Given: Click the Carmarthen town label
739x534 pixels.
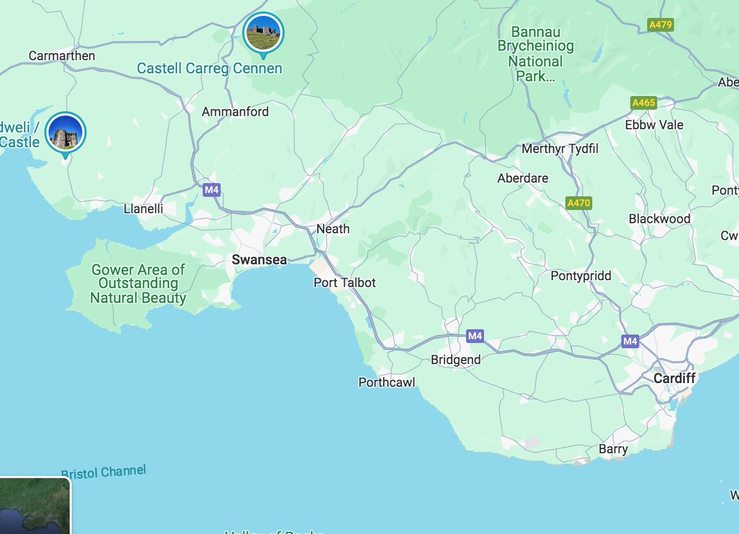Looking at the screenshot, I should point(62,56).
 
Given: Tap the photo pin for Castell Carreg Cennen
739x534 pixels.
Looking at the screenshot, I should point(264,33).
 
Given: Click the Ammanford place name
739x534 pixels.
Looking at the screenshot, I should point(235,112).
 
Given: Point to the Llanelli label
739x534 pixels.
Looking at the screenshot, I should point(143,209).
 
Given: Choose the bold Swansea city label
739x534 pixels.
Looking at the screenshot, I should point(259,260).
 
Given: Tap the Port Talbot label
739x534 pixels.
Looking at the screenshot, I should point(344,283).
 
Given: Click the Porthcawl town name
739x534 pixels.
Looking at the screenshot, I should point(387,382).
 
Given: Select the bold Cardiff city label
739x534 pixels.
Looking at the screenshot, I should point(674,378).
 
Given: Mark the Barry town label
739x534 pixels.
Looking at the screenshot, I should point(613,449).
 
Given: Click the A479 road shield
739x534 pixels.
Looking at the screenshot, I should point(661,25).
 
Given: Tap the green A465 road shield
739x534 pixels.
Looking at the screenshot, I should point(644,103).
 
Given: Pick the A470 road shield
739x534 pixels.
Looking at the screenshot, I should point(579,203).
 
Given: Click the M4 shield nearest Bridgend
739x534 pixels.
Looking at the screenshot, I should point(474,336).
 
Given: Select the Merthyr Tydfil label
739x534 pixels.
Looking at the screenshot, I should point(560,149).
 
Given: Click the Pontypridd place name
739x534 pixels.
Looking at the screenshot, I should point(581,276).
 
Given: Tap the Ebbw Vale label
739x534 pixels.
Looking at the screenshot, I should point(654,124).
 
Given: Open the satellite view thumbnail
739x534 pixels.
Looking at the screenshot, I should point(34,506).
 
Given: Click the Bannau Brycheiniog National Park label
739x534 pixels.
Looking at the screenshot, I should point(535,54).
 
